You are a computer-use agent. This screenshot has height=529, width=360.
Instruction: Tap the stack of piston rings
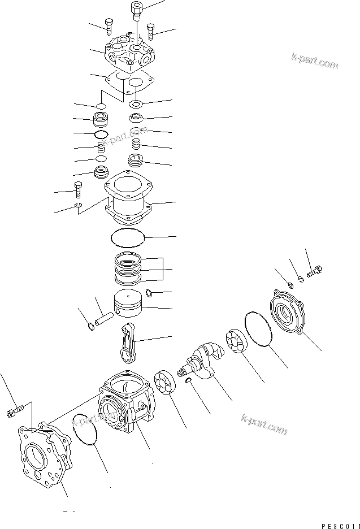coord(129,268)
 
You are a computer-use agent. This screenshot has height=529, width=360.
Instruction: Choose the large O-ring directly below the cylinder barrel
coord(128,238)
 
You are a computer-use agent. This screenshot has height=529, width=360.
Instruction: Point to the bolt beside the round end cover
coord(315,273)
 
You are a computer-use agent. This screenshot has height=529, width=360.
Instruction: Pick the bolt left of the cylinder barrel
coord(78,189)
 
